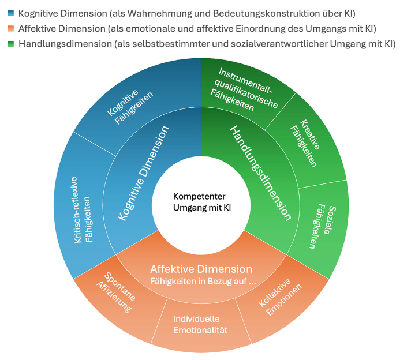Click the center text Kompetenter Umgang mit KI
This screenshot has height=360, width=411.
pyautogui.click(x=200, y=202)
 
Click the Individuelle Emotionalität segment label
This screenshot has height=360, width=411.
pyautogui.click(x=200, y=324)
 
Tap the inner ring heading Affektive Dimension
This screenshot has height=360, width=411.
pyautogui.click(x=201, y=269)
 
